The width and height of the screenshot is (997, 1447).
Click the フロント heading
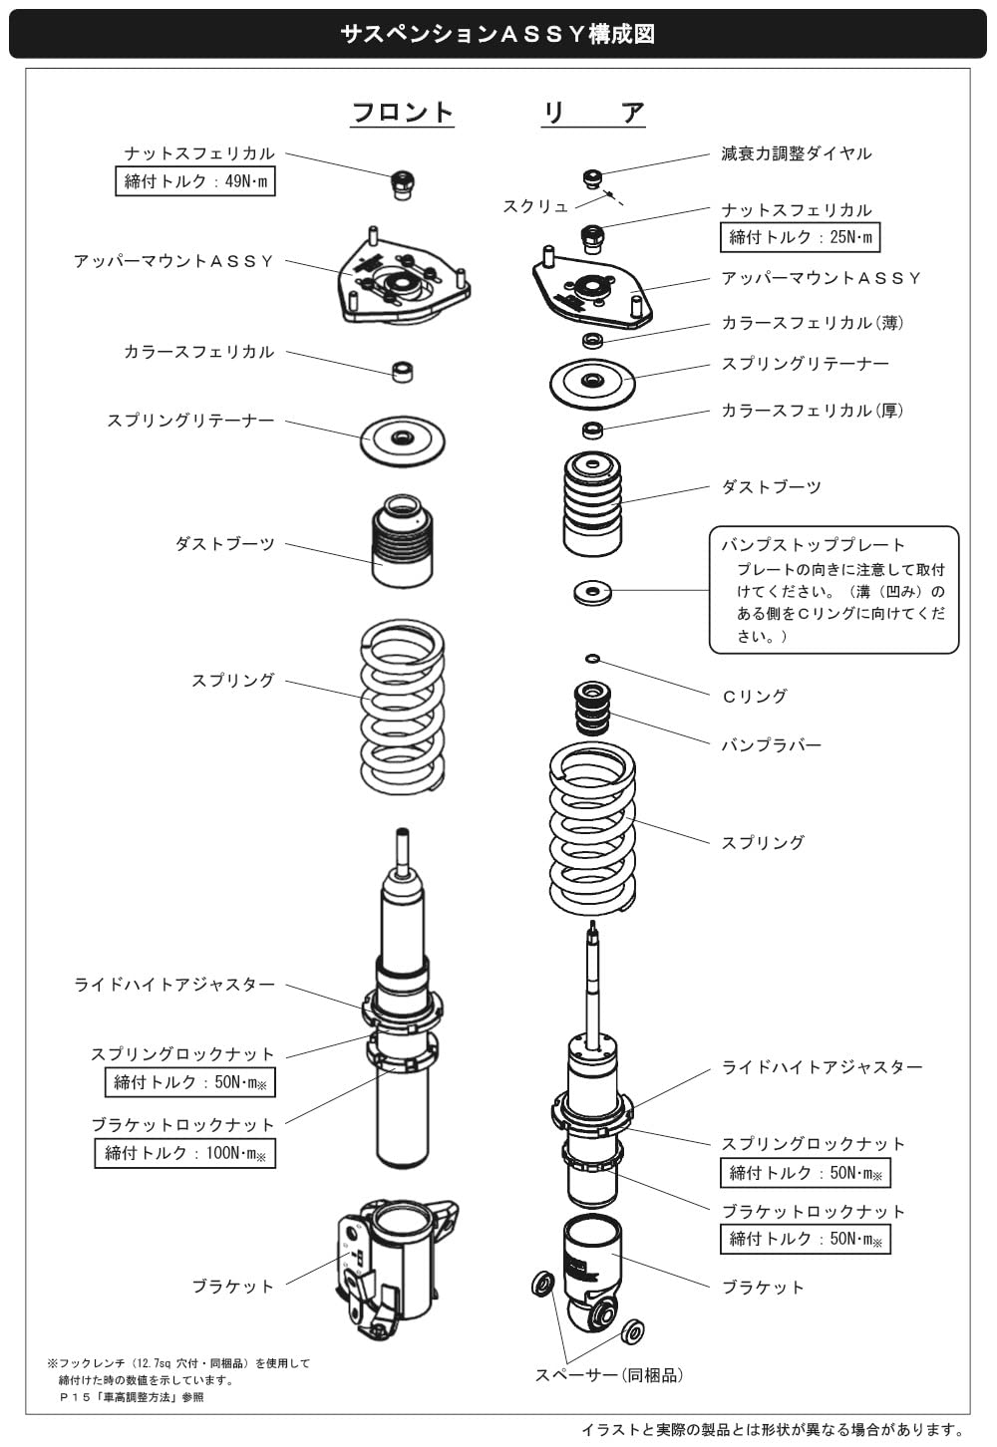[403, 112]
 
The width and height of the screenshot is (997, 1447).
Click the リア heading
[594, 112]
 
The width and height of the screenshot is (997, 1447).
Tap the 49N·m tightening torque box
[195, 181]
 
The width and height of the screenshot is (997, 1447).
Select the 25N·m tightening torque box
[800, 237]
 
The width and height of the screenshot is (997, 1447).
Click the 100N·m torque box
[185, 1153]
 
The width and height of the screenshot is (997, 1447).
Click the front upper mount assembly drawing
[403, 285]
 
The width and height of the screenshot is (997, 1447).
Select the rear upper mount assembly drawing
[592, 292]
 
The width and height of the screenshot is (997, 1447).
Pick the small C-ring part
[592, 658]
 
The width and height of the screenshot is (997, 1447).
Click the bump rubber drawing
[592, 707]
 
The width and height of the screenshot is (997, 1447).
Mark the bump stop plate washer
[592, 593]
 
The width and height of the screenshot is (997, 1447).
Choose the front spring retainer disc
[403, 437]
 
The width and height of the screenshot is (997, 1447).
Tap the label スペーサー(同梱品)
[608, 1375]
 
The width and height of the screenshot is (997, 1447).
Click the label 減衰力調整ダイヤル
[796, 153]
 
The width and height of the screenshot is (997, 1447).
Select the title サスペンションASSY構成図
[498, 34]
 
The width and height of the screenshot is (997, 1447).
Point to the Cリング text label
[754, 696]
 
